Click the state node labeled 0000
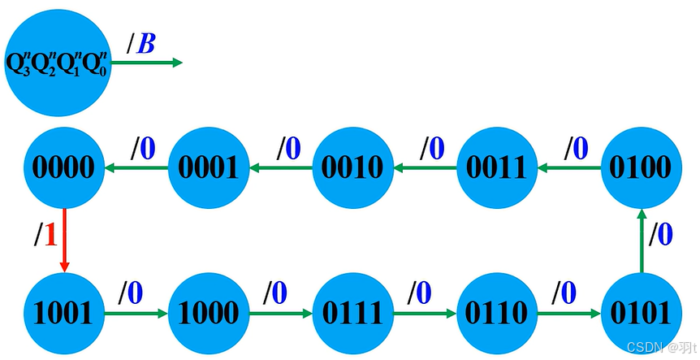pos(63,167)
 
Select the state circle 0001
pos(208,167)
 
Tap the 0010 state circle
pos(352,167)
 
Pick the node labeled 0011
pos(496,167)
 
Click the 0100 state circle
pos(641,167)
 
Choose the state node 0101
pos(641,312)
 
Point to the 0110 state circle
pos(496,312)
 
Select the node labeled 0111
pos(352,312)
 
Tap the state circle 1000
pos(208,312)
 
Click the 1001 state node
pos(63,312)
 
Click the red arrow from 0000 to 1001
pos(63,240)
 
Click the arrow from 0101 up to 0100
pos(641,240)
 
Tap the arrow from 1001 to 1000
pos(136,312)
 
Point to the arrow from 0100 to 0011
pos(568,168)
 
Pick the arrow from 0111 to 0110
pos(424,312)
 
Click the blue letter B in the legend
pos(146,43)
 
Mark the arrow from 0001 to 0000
pos(136,168)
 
